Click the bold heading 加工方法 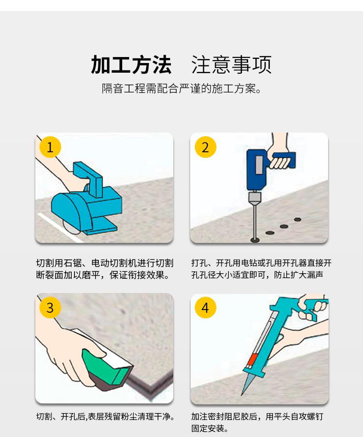point(131,65)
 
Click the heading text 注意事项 point(231,65)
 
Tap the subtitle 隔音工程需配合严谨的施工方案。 point(181,88)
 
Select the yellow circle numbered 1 point(50,147)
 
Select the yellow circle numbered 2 point(205,147)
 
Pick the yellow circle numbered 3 point(50,307)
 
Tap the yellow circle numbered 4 point(205,307)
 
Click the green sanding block point(103,368)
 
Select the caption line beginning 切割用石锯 point(104,263)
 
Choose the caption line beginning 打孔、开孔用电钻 point(261,263)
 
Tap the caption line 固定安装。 point(210,429)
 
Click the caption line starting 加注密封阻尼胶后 point(257,417)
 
